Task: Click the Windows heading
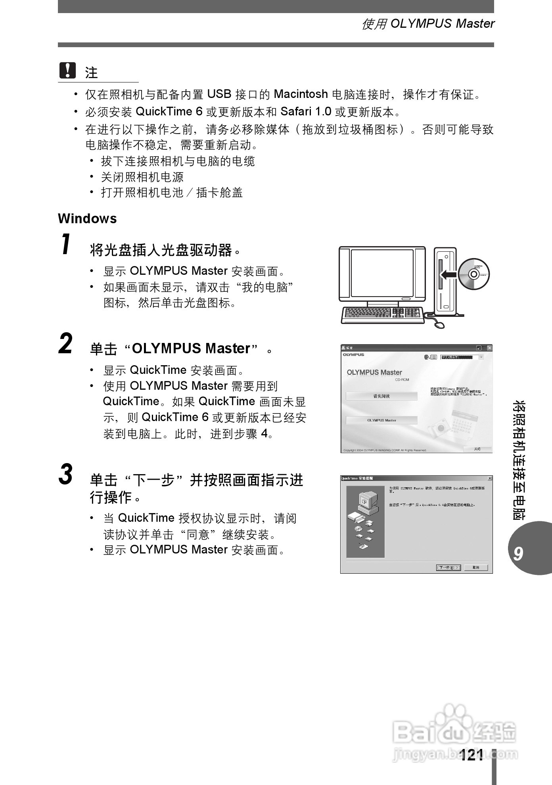coord(87,218)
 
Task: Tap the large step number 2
coord(66,344)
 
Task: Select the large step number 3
coord(66,474)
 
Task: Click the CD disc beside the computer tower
coord(474,274)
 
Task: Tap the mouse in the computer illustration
coord(439,325)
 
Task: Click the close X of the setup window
coord(489,348)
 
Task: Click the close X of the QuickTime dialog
coord(490,479)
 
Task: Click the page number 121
coord(472,755)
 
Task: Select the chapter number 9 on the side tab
coord(518,553)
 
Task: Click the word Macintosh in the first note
coord(301,94)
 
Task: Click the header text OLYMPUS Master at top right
coord(442,24)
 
